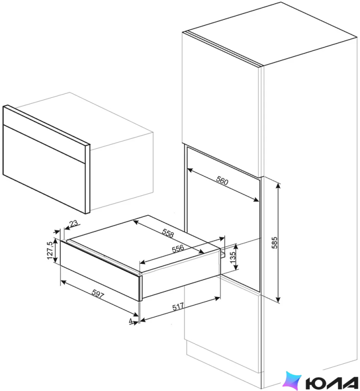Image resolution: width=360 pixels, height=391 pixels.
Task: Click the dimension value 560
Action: [x=222, y=180]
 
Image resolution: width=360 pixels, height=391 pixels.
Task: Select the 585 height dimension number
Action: [x=274, y=243]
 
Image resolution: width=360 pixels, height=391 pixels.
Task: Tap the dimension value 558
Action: [x=168, y=233]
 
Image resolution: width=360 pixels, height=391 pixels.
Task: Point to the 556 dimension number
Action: [x=178, y=248]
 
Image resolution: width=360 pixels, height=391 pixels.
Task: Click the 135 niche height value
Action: [x=233, y=257]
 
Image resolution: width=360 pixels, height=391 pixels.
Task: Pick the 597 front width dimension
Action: [x=98, y=294]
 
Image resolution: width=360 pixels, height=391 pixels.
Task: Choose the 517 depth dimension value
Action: [x=178, y=306]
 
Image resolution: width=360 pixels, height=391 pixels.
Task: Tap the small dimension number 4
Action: [x=131, y=321]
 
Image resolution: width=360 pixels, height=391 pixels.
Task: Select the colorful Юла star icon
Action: [x=292, y=381]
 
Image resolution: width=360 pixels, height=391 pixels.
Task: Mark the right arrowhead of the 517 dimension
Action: [x=218, y=298]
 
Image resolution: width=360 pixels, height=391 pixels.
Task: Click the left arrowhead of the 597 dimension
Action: [x=64, y=282]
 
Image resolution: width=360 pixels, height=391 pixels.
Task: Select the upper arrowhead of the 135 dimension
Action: [x=236, y=247]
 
